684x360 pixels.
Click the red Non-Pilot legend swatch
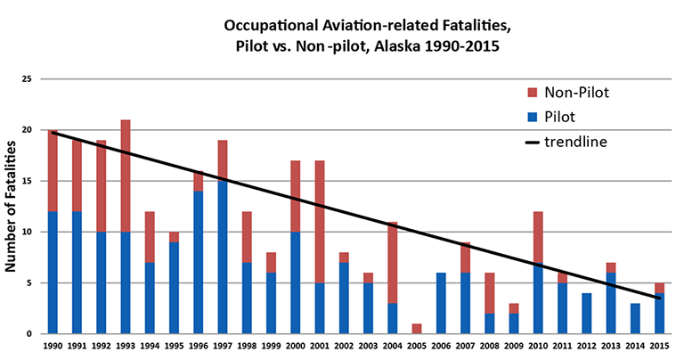(x=532, y=93)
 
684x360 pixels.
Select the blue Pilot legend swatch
(x=532, y=117)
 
